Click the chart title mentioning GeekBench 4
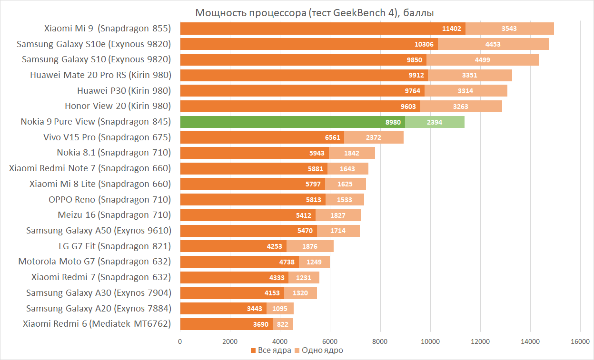click(314, 12)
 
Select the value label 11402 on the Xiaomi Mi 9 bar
click(451, 29)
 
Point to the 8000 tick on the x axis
click(380, 341)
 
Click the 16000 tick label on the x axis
click(580, 341)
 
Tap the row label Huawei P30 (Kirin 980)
click(124, 90)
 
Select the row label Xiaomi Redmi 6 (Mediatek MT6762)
click(97, 324)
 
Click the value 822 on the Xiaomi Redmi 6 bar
click(283, 324)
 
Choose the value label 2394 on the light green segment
click(435, 122)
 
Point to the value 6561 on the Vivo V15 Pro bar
click(333, 137)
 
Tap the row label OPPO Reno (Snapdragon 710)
click(109, 199)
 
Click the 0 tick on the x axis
click(180, 341)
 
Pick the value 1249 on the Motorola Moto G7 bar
click(314, 262)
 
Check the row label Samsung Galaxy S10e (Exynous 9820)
click(94, 44)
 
